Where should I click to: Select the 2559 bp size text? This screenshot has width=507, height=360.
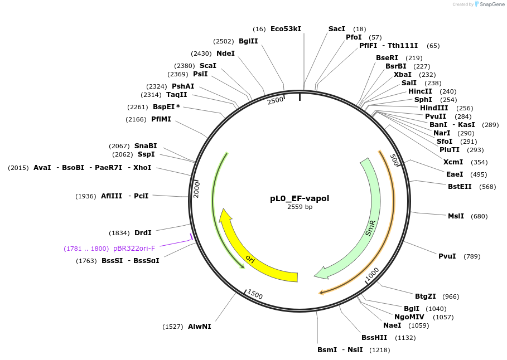301,207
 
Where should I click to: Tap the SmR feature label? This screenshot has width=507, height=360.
370,228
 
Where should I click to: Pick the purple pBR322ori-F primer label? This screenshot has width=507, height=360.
134,248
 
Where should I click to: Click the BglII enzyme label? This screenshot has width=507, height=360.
248,41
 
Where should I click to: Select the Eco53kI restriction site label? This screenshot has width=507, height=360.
286,28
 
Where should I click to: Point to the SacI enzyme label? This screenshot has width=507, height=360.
337,28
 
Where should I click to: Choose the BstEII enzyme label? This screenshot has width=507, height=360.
460,187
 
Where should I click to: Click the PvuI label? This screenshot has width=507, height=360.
447,256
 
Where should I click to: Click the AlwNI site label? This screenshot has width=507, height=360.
200,327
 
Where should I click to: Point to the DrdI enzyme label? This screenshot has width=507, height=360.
143,233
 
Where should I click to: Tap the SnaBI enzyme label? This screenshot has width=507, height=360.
146,146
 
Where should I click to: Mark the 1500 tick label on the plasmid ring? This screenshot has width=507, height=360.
255,294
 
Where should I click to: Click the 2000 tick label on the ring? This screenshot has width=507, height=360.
196,188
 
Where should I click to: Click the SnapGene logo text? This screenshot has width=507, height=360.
490,4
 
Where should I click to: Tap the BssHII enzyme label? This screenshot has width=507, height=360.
374,338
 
